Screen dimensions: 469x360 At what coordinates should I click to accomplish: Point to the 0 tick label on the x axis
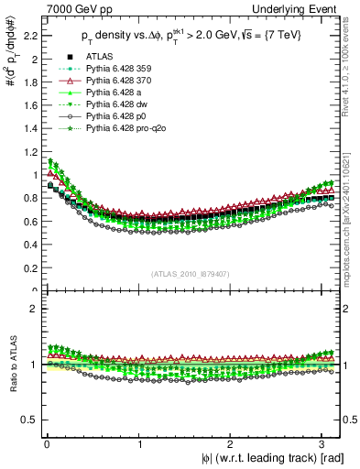pos(46,444)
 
